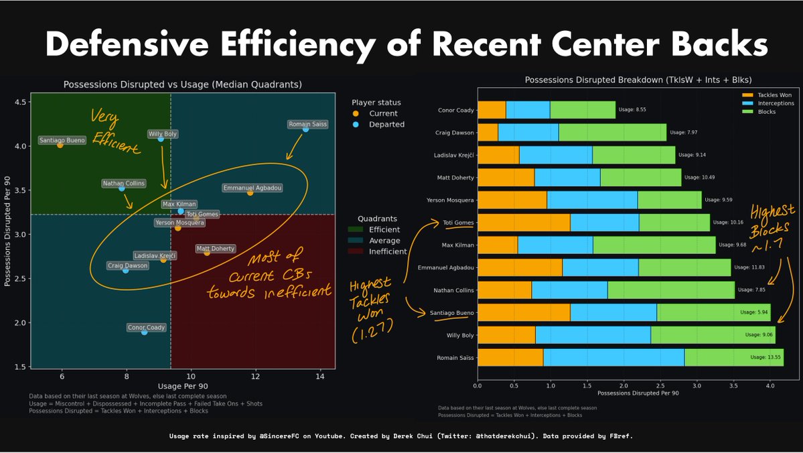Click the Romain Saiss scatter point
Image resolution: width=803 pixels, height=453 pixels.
click(x=305, y=129)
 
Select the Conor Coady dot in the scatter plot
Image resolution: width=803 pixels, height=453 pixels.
click(x=144, y=332)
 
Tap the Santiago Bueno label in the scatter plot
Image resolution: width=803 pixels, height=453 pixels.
click(x=61, y=140)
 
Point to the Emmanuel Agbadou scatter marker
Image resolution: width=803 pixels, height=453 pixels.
click(x=250, y=192)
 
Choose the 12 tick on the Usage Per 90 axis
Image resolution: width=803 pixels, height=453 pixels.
click(x=255, y=378)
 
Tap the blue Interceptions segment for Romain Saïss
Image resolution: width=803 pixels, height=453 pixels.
click(x=613, y=358)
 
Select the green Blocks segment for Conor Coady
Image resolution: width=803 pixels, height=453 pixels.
click(x=583, y=110)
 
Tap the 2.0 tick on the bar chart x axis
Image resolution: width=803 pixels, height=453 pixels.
click(x=624, y=386)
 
